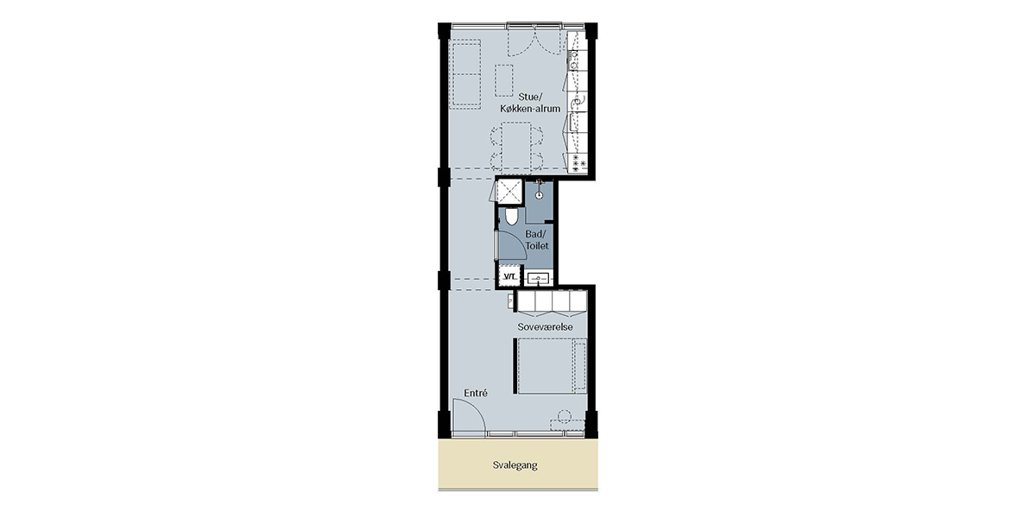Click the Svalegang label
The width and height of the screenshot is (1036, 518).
[x=515, y=464]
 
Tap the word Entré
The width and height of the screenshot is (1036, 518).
[x=476, y=393]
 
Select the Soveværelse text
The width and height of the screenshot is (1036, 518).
[x=545, y=327]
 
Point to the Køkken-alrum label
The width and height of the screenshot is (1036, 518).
[x=530, y=109]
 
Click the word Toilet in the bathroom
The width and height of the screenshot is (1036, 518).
[x=537, y=245]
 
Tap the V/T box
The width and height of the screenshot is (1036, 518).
[x=509, y=276]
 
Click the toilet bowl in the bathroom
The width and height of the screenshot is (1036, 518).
[x=511, y=217]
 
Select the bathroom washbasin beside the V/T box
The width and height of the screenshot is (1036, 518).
[x=539, y=278]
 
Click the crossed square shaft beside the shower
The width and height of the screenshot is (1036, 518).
[x=509, y=192]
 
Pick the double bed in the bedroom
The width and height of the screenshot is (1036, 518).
[x=552, y=366]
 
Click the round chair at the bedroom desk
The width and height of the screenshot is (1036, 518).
[x=564, y=416]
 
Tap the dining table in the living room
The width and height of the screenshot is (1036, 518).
[x=516, y=145]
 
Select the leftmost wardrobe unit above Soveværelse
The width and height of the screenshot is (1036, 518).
[x=527, y=300]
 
